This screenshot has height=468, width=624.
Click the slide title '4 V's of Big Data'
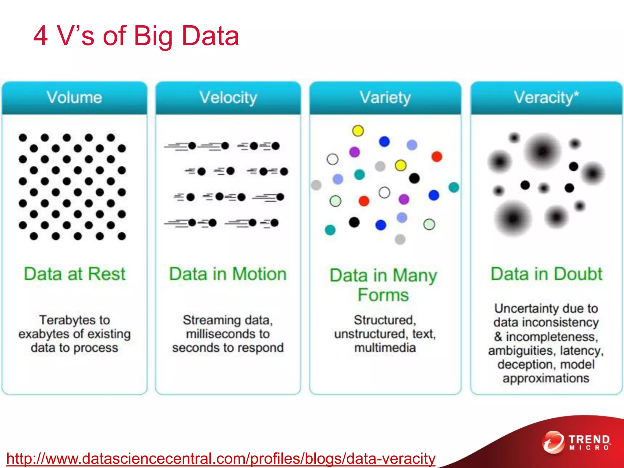point(136,36)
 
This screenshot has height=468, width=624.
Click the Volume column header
point(74,98)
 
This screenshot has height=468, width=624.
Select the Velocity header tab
point(228,98)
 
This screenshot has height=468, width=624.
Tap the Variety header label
point(385,98)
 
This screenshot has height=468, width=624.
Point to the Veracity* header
point(546,98)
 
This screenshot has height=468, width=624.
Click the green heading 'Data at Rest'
point(74,274)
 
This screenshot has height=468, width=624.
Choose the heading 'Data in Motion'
point(228,274)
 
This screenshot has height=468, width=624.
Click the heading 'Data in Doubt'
point(546,274)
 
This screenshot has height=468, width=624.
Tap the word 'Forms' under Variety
point(383,295)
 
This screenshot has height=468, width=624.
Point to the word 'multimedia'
point(385,348)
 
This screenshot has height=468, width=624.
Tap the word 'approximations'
point(546,378)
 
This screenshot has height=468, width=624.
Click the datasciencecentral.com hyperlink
point(221,459)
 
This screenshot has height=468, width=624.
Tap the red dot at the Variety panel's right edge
point(437,157)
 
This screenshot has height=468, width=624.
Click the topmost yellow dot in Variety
point(358,131)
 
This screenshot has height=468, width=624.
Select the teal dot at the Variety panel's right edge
point(454,187)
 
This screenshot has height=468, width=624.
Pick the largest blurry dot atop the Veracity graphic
point(543,151)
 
